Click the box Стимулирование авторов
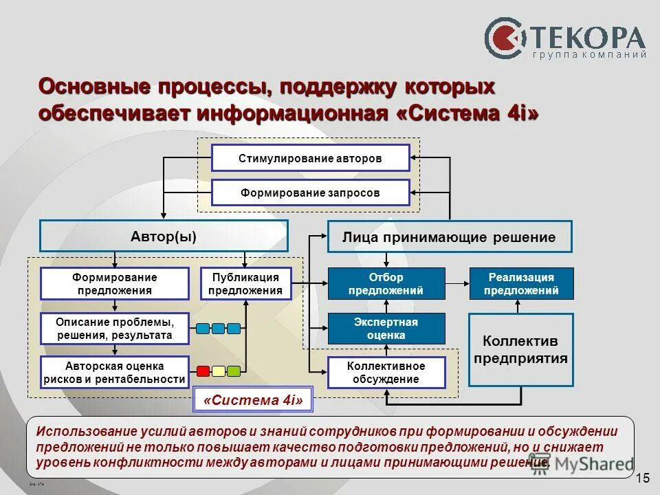(x=310, y=158)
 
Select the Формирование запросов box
(x=310, y=193)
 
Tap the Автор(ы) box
(x=164, y=236)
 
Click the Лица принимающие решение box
(x=449, y=237)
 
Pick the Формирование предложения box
(x=115, y=284)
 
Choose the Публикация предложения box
(x=245, y=284)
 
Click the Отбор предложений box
(x=386, y=284)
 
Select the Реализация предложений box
(x=521, y=284)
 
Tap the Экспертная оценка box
(x=386, y=329)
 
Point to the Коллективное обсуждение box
(x=386, y=373)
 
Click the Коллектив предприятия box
(x=521, y=350)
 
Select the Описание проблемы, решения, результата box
(x=115, y=329)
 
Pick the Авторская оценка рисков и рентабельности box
(x=115, y=373)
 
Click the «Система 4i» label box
(x=254, y=401)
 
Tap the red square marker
(x=203, y=372)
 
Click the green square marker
(x=234, y=372)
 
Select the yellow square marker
(x=219, y=372)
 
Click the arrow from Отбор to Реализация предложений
(x=457, y=283)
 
